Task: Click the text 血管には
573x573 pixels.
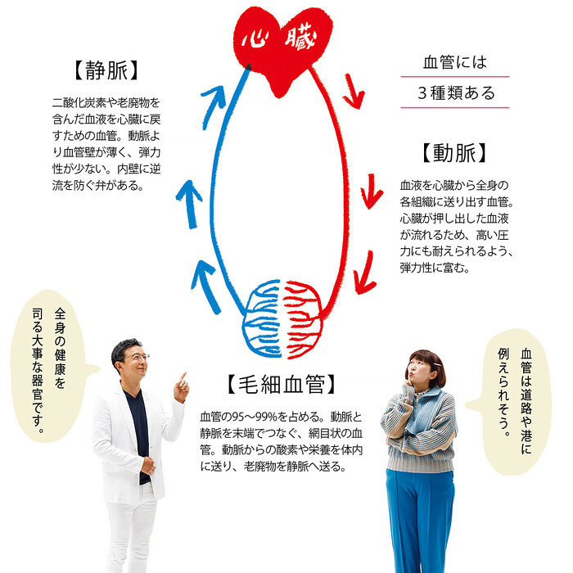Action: tap(454, 62)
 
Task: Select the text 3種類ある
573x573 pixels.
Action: tap(456, 92)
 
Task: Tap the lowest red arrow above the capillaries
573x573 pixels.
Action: tap(366, 273)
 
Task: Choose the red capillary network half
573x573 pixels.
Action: tap(305, 318)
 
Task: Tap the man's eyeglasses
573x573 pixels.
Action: tap(136, 357)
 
